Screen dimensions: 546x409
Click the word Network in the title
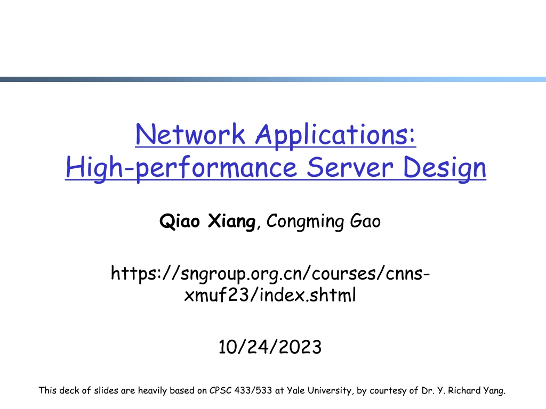190,134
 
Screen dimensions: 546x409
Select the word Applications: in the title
336,136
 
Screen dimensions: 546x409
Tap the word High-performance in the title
181,168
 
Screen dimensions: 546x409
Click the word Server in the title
350,167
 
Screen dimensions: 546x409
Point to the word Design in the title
444,169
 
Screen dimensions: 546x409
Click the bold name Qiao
180,221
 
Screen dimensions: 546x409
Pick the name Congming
305,222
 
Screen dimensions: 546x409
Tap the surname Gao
365,221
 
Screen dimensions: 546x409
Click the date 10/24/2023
270,347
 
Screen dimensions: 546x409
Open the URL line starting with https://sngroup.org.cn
270,274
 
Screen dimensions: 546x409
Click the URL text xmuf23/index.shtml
270,295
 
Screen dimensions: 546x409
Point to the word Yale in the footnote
295,390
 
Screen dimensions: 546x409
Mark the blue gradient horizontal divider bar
273,79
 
